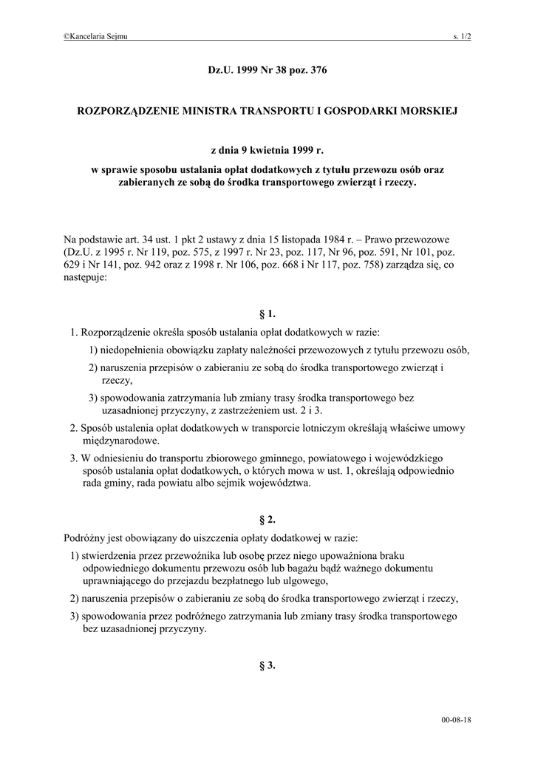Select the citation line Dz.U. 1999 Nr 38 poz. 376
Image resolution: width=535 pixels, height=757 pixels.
pos(267,71)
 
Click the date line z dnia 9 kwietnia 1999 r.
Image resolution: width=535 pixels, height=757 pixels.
pos(267,150)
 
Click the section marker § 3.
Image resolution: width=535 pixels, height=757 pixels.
pos(267,665)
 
